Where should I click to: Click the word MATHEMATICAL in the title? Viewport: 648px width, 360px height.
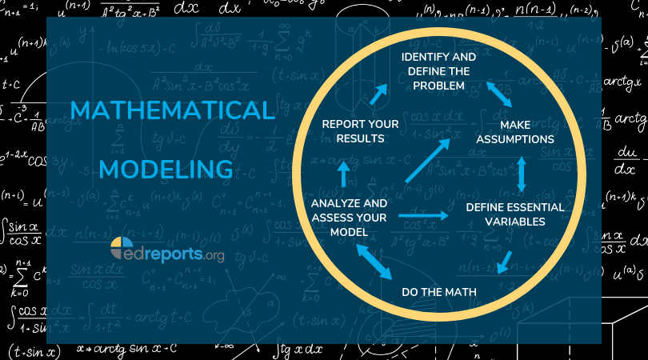click(x=171, y=110)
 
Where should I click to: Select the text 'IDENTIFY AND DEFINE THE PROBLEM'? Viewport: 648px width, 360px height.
click(x=438, y=72)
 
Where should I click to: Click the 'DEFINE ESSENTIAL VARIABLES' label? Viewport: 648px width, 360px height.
click(x=516, y=214)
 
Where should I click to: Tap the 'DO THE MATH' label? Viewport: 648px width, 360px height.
click(x=438, y=292)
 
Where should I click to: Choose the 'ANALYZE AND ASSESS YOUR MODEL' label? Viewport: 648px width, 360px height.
click(x=349, y=218)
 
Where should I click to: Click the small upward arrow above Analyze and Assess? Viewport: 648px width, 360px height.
click(x=343, y=173)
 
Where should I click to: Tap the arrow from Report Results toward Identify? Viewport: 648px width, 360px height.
click(x=377, y=95)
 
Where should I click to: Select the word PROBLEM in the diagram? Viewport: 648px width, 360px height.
click(x=438, y=85)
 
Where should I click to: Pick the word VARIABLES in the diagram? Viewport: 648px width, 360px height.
click(x=516, y=222)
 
